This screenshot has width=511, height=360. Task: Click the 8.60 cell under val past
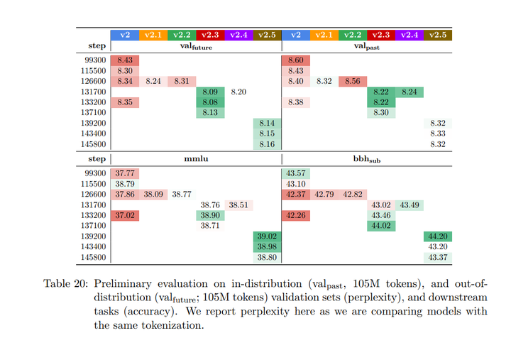pos(295,61)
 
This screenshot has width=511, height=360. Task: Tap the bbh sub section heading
pos(367,160)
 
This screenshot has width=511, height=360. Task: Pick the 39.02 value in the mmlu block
pos(267,236)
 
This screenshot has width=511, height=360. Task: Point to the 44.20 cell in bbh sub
pos(438,236)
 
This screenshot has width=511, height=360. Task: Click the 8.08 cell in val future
pos(210,102)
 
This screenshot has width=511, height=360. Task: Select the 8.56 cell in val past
pos(352,82)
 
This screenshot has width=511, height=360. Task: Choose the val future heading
pos(196,47)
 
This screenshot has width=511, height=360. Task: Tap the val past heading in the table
pos(367,47)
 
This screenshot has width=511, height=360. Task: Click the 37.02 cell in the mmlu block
pos(125,215)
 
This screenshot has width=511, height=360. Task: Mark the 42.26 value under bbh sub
pos(295,215)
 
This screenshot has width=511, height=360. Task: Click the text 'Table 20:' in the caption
pos(66,283)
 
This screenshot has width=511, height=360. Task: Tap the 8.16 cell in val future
pos(267,143)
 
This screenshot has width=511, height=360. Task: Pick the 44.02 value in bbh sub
pos(381,225)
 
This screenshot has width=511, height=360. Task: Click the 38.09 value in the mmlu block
pos(153,194)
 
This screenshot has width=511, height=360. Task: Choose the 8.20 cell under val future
pos(238,92)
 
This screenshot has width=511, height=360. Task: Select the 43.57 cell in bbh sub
pos(295,173)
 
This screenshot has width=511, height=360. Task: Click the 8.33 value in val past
pos(438,133)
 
